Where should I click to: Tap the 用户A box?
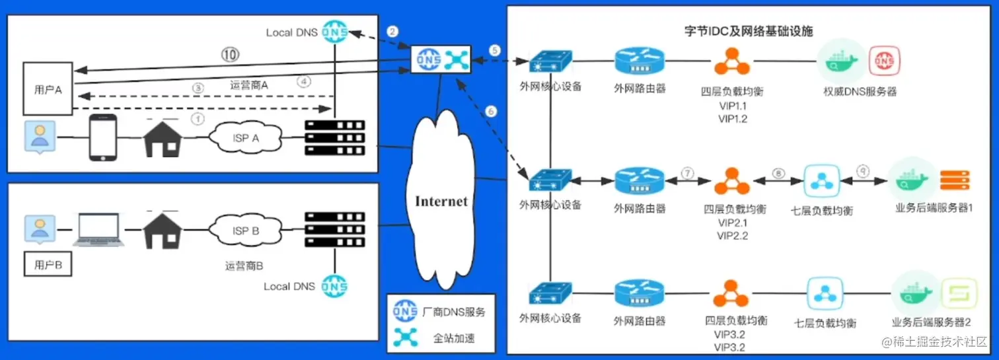tap(48, 89)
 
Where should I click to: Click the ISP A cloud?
tap(245, 138)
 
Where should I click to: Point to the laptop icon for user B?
tap(99, 229)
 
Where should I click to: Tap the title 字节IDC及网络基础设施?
tap(749, 30)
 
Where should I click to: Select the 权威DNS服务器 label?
tap(860, 91)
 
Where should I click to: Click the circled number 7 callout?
tap(688, 173)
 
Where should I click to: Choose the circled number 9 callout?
tap(864, 170)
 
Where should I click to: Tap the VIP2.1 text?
tap(733, 223)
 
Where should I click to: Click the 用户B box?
tap(48, 266)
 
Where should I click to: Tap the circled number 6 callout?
tap(490, 112)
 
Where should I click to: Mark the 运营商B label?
tap(244, 266)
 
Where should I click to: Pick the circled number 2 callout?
tap(393, 31)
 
